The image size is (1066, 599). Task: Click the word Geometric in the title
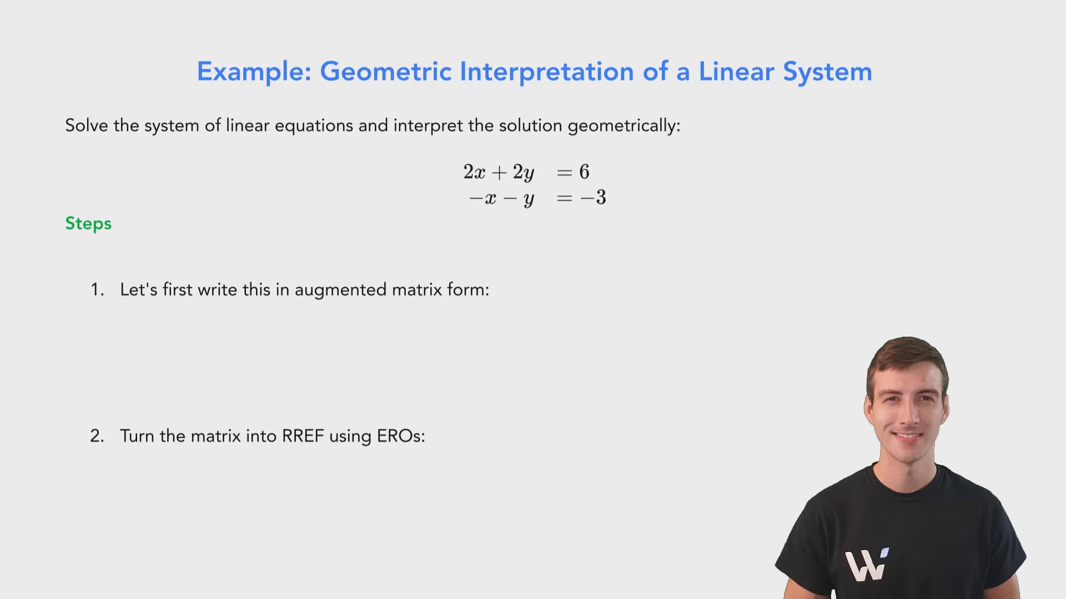click(x=386, y=72)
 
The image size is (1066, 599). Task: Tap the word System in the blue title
click(x=827, y=72)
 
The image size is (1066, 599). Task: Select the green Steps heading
click(x=88, y=224)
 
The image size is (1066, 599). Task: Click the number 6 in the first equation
click(x=584, y=172)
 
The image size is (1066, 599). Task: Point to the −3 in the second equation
click(x=594, y=197)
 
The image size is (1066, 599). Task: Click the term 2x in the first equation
click(x=474, y=172)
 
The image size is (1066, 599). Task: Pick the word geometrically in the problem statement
click(x=623, y=126)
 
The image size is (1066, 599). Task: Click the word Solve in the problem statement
click(x=87, y=125)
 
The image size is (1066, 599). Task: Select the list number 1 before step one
click(x=97, y=290)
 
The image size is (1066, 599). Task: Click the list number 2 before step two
click(x=97, y=436)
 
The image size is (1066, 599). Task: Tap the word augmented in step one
click(x=340, y=290)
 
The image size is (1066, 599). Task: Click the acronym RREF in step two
click(x=303, y=436)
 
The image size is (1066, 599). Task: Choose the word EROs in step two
click(x=400, y=436)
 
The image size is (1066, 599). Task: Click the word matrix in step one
click(x=413, y=290)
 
